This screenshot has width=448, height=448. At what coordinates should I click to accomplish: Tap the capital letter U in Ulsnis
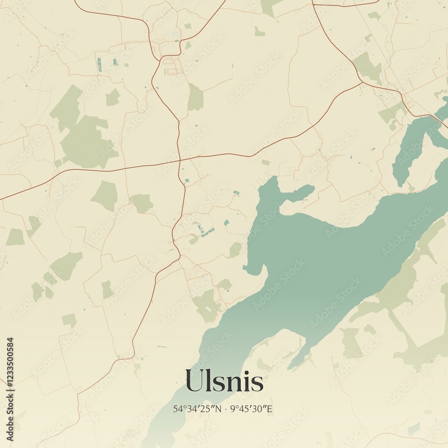193,381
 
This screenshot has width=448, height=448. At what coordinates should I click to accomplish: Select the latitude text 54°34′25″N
197,409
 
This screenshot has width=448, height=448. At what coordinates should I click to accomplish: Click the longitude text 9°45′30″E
251,409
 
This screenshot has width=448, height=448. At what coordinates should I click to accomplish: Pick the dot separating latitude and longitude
226,409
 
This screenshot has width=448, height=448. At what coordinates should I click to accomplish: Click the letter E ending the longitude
270,409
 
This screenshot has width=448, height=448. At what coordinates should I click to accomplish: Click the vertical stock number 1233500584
10,389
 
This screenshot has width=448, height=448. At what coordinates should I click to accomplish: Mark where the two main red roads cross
180,160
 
